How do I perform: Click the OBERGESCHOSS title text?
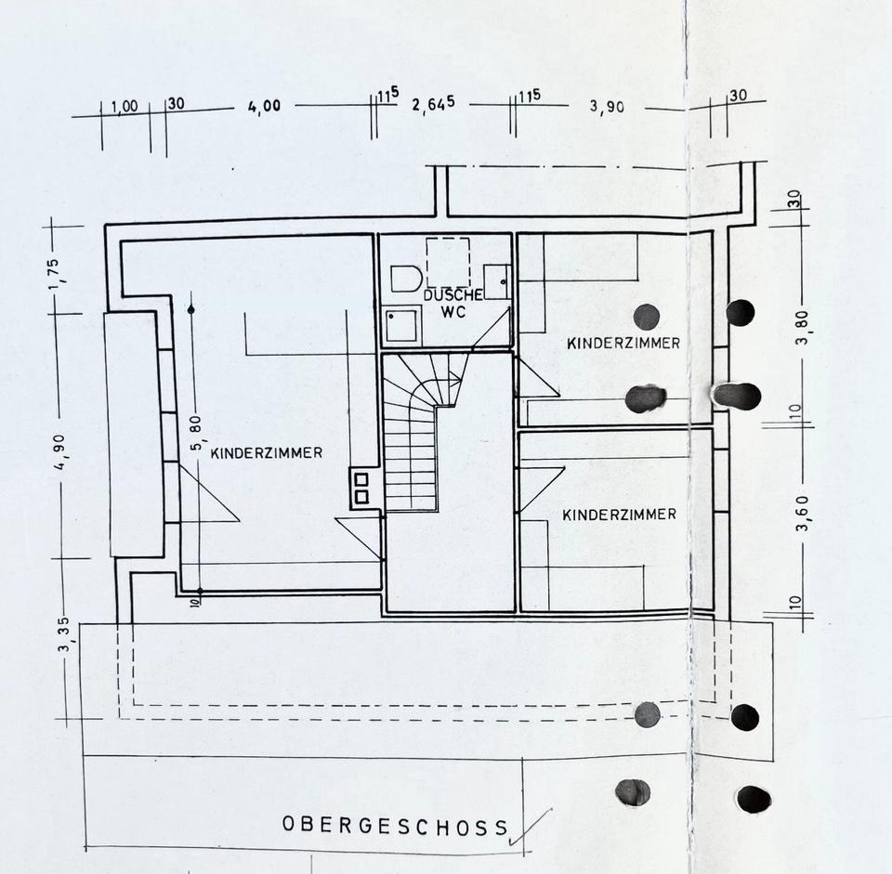click(x=396, y=825)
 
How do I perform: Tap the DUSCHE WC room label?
click(x=453, y=303)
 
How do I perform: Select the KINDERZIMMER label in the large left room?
click(x=267, y=453)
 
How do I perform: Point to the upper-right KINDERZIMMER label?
click(x=623, y=343)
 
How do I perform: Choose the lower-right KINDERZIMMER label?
click(x=620, y=514)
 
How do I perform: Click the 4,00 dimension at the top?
click(x=264, y=106)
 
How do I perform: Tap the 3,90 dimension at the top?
click(x=607, y=106)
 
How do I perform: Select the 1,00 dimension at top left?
click(x=124, y=107)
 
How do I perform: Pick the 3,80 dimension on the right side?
click(x=804, y=327)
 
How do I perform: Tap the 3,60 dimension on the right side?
click(x=804, y=511)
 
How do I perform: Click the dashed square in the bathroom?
click(x=448, y=262)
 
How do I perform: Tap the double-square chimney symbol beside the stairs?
click(x=361, y=488)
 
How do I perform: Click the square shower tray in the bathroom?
click(x=401, y=325)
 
